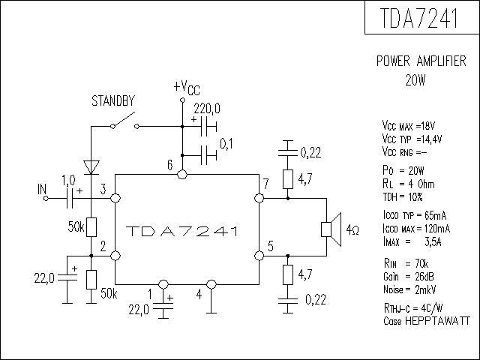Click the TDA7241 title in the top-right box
[419, 18]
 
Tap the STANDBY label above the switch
[113, 100]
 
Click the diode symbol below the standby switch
[91, 167]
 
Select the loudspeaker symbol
[331, 229]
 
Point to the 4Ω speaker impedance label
[352, 230]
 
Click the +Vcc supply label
[187, 87]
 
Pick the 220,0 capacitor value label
[207, 109]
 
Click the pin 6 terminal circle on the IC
[182, 175]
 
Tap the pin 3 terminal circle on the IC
[115, 198]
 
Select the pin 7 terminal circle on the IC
[259, 198]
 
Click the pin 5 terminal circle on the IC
[259, 256]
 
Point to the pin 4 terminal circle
[211, 284]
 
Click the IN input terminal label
[42, 190]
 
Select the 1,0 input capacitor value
[68, 180]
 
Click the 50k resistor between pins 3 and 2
[91, 227]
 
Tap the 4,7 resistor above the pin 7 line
[288, 179]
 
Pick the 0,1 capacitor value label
[226, 144]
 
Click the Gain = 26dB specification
[409, 277]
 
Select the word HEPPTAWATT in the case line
[437, 321]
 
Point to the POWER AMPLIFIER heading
[421, 61]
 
